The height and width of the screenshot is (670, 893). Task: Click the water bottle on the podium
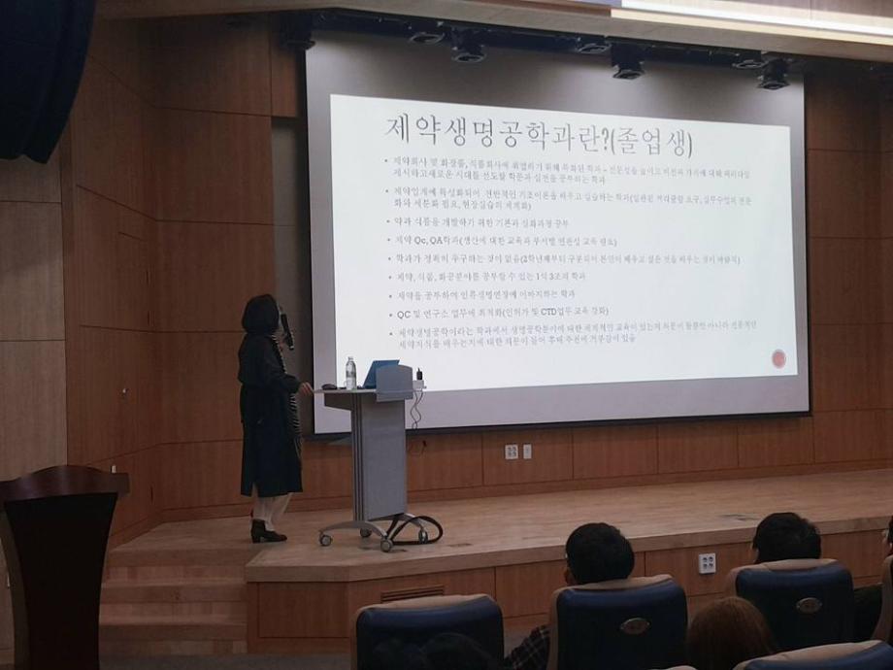tap(350, 373)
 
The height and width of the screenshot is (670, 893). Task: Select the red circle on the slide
tap(777, 359)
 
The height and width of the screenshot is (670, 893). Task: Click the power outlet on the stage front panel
tap(707, 562)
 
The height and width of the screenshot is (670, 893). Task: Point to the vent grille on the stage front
tap(412, 592)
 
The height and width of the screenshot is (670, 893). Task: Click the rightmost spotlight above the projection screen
tap(774, 74)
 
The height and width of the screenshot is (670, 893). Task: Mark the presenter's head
tap(261, 315)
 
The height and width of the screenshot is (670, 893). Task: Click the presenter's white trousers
tap(272, 508)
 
